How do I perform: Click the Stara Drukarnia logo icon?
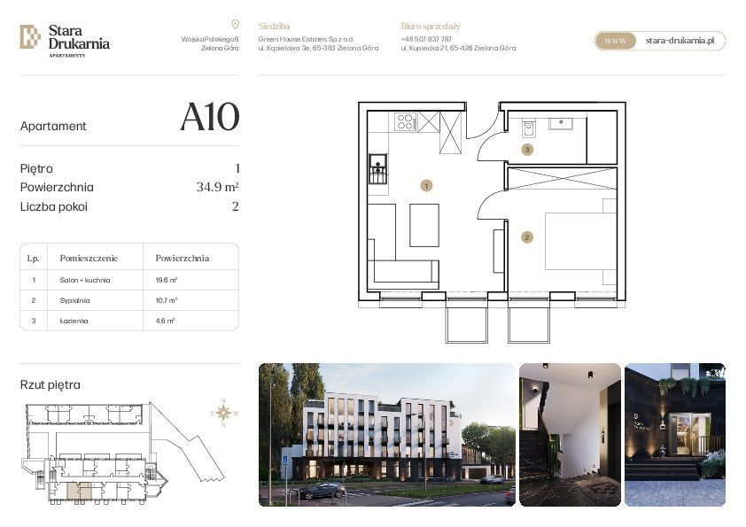(30, 36)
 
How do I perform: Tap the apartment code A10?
(209, 118)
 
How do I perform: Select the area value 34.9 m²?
(218, 188)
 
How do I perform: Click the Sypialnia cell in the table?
(75, 301)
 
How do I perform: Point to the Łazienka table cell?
(75, 322)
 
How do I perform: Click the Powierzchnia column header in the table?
(183, 259)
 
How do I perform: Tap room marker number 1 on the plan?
(426, 186)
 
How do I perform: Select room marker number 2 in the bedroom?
(527, 237)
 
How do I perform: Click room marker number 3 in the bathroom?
(527, 150)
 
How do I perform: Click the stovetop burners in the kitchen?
(406, 122)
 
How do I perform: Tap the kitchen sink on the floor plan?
(378, 166)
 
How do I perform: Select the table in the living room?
(424, 225)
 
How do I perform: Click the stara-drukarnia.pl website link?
(680, 41)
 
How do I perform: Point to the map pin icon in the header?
(235, 25)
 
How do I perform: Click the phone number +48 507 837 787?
(426, 39)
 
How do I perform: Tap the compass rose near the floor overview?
(223, 412)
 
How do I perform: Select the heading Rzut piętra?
(50, 385)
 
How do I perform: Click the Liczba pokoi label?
(54, 207)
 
